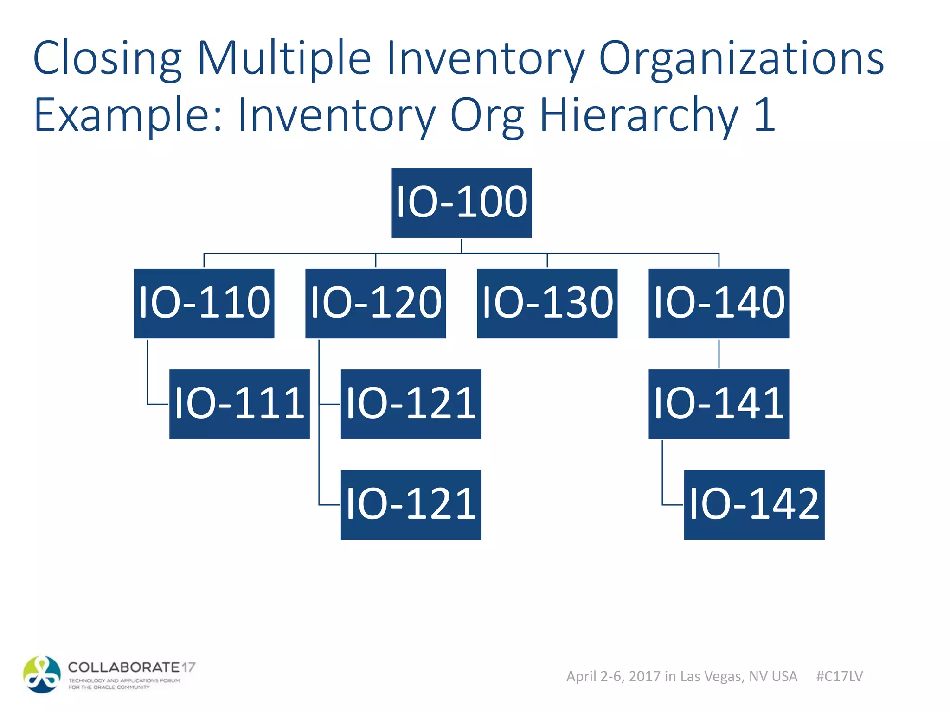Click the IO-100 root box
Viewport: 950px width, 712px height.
[x=461, y=203]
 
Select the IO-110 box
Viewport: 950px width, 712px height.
[x=204, y=303]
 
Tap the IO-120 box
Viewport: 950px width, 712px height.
[x=375, y=303]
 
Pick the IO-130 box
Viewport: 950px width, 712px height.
[x=547, y=303]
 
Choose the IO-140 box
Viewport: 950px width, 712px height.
[x=719, y=303]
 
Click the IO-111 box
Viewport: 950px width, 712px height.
[x=239, y=404]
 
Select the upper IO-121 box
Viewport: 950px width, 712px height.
[x=411, y=404]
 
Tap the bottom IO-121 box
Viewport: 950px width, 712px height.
[x=411, y=504]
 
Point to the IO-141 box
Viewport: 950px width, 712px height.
[x=719, y=404]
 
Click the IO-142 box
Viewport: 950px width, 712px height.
[x=754, y=504]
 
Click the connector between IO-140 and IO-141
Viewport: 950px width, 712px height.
[x=719, y=354]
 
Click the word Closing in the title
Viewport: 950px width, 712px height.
[x=107, y=59]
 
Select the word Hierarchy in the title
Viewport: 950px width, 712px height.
[x=639, y=115]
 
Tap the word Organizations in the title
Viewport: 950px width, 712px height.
[x=741, y=59]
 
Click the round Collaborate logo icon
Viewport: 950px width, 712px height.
[x=42, y=674]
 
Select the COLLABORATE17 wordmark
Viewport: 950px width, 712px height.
[x=131, y=667]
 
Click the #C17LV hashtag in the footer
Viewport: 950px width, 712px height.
[x=839, y=676]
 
